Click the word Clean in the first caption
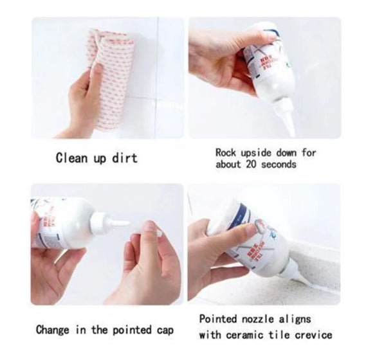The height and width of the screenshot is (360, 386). click(71, 157)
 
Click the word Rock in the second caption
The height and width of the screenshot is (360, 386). click(226, 153)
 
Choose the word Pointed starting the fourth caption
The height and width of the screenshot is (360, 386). click(219, 319)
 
